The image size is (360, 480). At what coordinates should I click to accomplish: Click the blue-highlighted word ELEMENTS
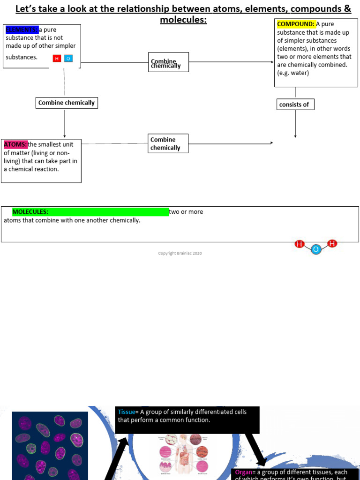[x=22, y=30]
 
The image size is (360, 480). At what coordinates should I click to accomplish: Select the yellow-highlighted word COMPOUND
[x=296, y=24]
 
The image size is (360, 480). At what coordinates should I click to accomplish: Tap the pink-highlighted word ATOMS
[x=15, y=144]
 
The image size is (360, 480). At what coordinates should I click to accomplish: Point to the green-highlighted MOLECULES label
[x=30, y=212]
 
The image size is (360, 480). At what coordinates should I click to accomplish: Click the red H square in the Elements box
[x=57, y=59]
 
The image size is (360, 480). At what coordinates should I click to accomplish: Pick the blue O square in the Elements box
[x=68, y=59]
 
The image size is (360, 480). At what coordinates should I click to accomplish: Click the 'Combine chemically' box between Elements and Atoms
[x=67, y=103]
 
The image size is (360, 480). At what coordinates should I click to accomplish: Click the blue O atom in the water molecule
[x=316, y=250]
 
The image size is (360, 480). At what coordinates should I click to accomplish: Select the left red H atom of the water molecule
[x=300, y=244]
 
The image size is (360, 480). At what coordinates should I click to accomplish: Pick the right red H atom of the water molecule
[x=332, y=244]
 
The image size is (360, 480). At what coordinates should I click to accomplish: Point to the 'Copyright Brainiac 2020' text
[x=180, y=254]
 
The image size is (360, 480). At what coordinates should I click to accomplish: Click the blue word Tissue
[x=126, y=412]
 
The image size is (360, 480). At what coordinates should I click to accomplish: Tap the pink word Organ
[x=243, y=472]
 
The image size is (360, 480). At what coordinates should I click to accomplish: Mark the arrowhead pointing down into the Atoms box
[x=65, y=136]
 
